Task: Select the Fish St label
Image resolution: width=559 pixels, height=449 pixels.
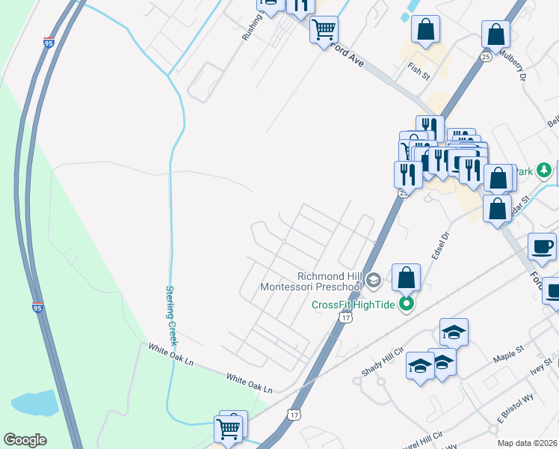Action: [x=419, y=71]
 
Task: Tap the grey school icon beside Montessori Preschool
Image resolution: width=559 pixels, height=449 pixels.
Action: [x=374, y=281]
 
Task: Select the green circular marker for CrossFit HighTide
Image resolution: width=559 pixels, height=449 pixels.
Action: [x=407, y=304]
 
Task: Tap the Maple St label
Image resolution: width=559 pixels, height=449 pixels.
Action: [x=506, y=355]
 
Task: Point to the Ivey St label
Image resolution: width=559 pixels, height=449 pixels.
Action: [x=537, y=368]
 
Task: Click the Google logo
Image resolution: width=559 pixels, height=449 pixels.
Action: [x=25, y=440]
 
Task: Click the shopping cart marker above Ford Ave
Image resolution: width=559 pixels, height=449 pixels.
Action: [x=324, y=30]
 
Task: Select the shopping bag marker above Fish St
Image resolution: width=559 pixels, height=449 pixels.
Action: [x=425, y=30]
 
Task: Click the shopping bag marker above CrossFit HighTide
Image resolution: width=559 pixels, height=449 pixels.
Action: [x=406, y=277]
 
